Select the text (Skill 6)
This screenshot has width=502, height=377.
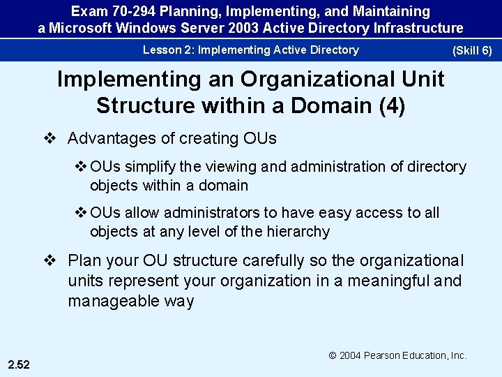pos(472,51)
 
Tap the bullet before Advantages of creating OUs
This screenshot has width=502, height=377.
pos(50,138)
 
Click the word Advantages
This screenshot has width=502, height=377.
pos(111,138)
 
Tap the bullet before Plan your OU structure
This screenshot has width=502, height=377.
pos(50,261)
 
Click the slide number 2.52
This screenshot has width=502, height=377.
pos(20,363)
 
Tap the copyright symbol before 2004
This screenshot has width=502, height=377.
pos(333,355)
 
